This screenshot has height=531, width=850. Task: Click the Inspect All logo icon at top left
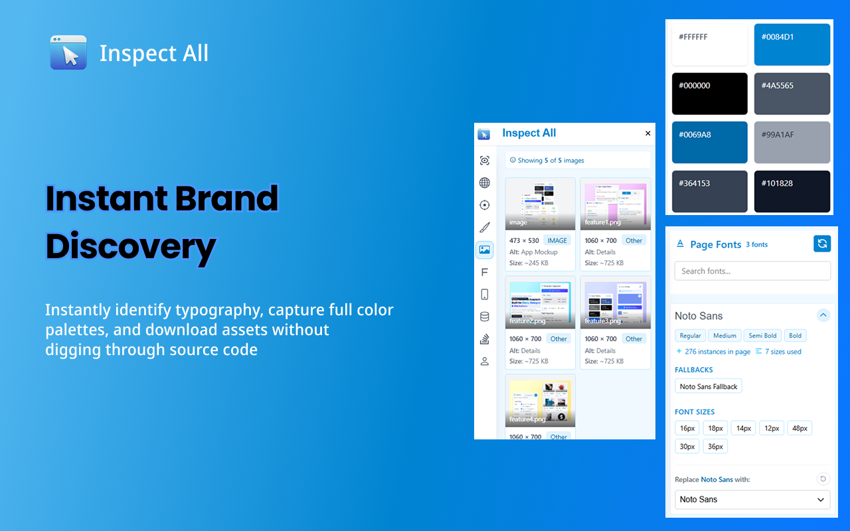(68, 52)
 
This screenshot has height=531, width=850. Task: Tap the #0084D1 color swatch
(792, 44)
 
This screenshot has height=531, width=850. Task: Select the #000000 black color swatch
(709, 94)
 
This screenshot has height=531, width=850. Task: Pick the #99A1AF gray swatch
(792, 142)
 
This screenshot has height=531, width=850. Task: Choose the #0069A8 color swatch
(709, 142)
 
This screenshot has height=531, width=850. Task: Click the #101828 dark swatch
(792, 191)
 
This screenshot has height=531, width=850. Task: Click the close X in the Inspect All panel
(648, 133)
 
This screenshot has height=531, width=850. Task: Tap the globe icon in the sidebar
(485, 183)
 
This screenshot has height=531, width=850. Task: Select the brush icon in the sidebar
(485, 228)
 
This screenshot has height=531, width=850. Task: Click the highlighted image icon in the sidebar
(485, 250)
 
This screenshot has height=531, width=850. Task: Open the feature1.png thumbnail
(615, 204)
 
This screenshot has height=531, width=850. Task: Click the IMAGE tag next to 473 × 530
(557, 240)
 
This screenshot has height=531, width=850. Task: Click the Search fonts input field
(752, 271)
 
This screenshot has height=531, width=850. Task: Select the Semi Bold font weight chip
(762, 336)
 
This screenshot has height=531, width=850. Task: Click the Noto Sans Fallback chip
(708, 386)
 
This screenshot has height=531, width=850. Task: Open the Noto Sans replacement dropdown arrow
(821, 500)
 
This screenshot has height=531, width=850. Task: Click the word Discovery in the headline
(130, 247)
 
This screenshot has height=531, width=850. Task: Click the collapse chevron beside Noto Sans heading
(823, 315)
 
